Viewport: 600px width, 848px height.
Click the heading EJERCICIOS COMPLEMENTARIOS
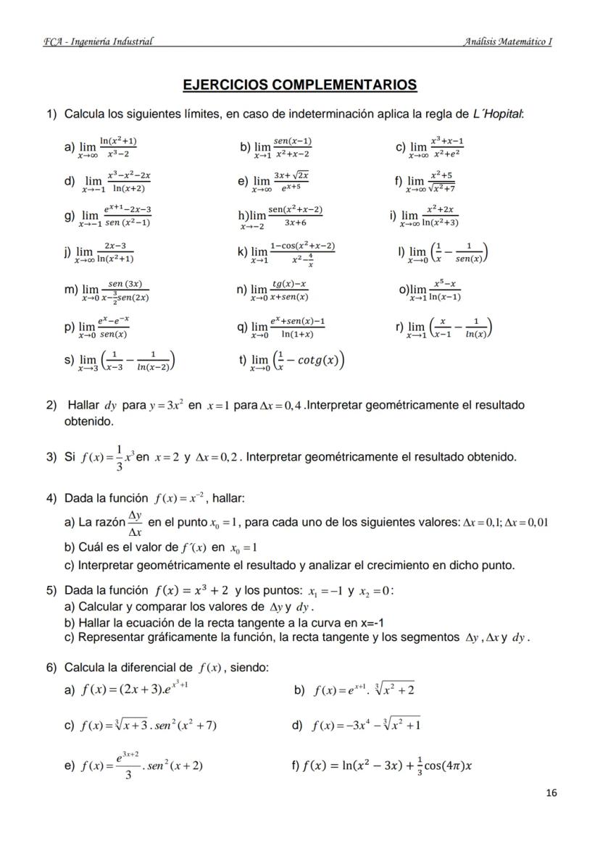pyautogui.click(x=299, y=85)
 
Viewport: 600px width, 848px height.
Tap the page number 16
pyautogui.click(x=551, y=793)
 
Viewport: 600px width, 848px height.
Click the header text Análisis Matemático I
pyautogui.click(x=508, y=41)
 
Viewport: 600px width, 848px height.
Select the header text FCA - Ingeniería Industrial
pyautogui.click(x=99, y=41)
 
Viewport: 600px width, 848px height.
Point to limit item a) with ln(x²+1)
pyautogui.click(x=101, y=147)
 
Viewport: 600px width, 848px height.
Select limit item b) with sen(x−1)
pyautogui.click(x=277, y=147)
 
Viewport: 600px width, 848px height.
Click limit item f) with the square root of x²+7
pyautogui.click(x=426, y=181)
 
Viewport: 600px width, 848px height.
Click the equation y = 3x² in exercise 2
pyautogui.click(x=168, y=406)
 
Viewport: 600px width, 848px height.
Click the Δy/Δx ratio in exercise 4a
pyautogui.click(x=134, y=521)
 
